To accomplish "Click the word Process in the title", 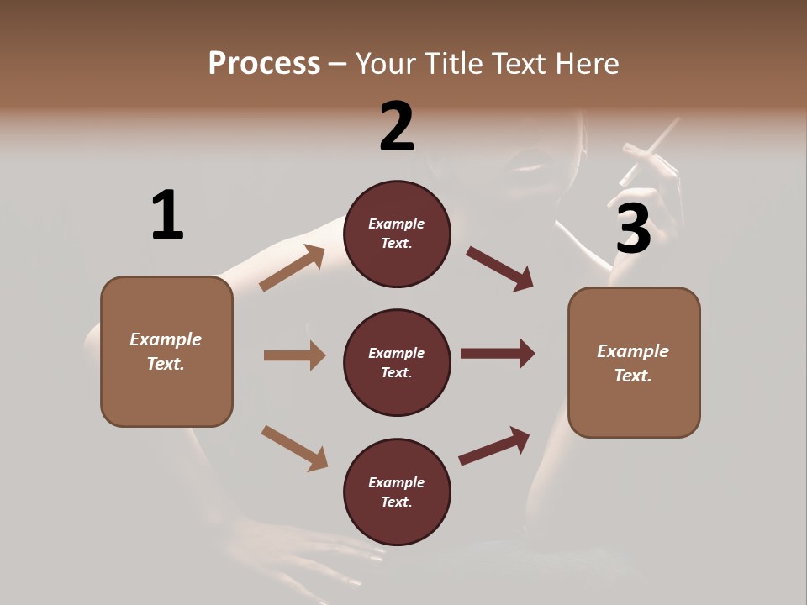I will click(264, 63).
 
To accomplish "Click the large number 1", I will click(167, 216).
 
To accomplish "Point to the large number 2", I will click(397, 128).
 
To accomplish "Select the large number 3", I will click(634, 229).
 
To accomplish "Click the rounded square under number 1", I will click(166, 351).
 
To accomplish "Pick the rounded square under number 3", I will click(634, 362).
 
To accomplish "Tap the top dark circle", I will click(397, 234).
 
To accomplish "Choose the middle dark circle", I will click(397, 362).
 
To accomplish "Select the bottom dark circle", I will click(397, 492).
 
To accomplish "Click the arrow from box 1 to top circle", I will click(293, 268).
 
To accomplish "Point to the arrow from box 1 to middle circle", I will click(294, 355).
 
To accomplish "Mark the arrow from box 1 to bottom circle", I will click(294, 448).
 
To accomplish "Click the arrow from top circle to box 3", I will click(500, 269).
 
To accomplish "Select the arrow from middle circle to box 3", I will click(498, 353).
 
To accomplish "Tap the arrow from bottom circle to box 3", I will click(494, 446).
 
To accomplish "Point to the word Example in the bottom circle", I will click(397, 482).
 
